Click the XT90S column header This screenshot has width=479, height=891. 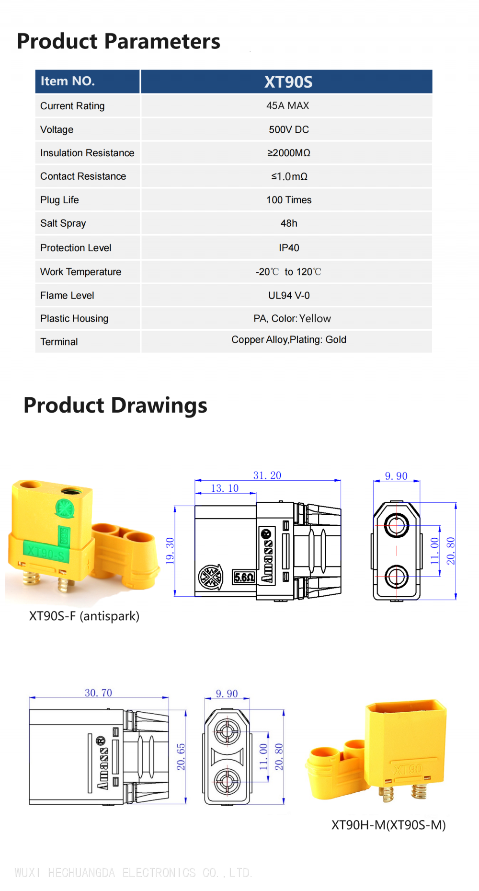coord(288,82)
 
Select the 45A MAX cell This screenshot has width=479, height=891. coord(288,105)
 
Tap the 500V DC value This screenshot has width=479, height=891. coord(289,129)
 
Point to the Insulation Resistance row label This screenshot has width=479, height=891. coord(87,153)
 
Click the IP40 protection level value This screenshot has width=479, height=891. coord(289,248)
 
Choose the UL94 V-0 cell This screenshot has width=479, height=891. coord(289,295)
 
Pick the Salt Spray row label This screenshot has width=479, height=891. coord(63,223)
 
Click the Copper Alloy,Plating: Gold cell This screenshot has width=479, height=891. coord(289,339)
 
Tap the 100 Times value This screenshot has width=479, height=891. coord(289,200)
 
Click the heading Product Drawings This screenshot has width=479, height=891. coord(115,405)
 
